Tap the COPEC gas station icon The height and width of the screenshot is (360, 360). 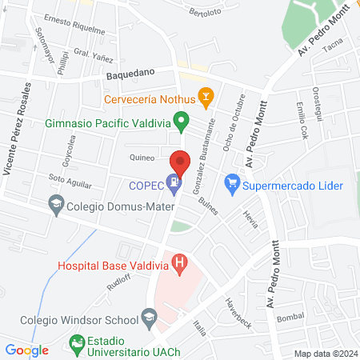173,184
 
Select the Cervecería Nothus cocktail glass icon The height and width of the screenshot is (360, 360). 206,99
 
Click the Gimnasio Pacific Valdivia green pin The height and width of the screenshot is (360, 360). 182,123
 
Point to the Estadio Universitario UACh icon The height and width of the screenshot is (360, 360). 77,345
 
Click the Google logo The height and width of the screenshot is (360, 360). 26,350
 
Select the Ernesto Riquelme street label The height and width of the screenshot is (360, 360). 74,25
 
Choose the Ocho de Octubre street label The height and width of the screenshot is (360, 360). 233,125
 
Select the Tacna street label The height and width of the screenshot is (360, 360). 331,46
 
